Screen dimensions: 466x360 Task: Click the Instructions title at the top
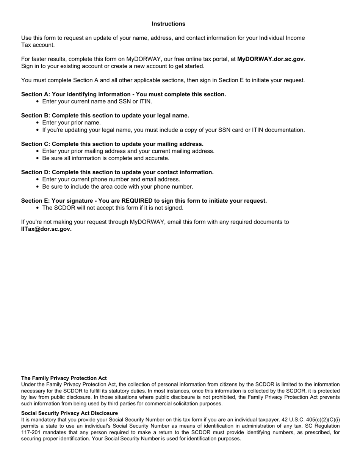pyautogui.click(x=168, y=24)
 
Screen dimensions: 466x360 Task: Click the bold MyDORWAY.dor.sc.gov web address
pyautogui.click(x=270, y=59)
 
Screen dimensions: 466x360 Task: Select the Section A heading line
pyautogui.click(x=124, y=94)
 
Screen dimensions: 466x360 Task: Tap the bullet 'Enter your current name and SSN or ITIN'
pyautogui.click(x=97, y=102)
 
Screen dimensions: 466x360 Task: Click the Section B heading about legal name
pyautogui.click(x=105, y=116)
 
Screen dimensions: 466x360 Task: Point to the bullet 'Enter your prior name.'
pyautogui.click(x=72, y=123)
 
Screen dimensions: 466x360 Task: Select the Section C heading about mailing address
pyautogui.click(x=112, y=144)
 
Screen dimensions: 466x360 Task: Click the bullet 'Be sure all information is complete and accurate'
pyautogui.click(x=106, y=158)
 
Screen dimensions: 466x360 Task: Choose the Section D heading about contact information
pyautogui.click(x=117, y=172)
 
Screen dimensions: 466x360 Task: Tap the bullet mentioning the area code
pyautogui.click(x=117, y=187)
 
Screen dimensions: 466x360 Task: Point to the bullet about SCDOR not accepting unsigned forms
pyautogui.click(x=113, y=208)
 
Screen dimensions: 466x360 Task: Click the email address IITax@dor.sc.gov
pyautogui.click(x=46, y=229)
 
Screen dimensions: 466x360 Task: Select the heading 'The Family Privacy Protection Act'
pyautogui.click(x=64, y=378)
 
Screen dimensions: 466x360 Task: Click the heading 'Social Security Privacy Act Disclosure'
pyautogui.click(x=69, y=413)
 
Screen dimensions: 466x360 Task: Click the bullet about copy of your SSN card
pyautogui.click(x=173, y=130)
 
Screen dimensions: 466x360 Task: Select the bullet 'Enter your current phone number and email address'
pyautogui.click(x=111, y=180)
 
